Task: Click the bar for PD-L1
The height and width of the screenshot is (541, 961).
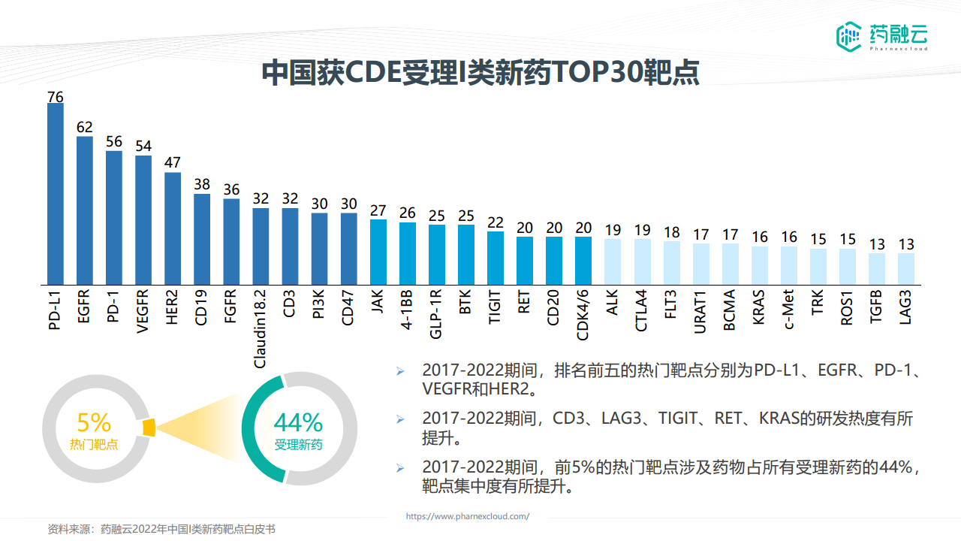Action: (56, 193)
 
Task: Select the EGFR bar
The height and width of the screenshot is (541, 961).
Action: (85, 210)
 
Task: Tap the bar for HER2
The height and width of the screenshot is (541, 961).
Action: (173, 228)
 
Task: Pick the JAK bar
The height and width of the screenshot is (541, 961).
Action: (378, 251)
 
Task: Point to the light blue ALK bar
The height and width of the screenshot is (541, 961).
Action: (612, 261)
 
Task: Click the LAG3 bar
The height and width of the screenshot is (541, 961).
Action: (906, 268)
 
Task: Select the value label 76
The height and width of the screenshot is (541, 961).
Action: (56, 96)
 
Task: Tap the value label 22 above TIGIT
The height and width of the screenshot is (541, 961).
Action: (495, 223)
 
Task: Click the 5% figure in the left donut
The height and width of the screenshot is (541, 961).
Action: (94, 422)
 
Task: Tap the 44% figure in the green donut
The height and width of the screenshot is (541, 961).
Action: (298, 422)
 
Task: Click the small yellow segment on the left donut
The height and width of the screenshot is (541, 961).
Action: (148, 427)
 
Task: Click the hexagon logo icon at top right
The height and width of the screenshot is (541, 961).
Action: (849, 35)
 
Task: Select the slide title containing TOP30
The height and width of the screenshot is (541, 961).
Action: (480, 73)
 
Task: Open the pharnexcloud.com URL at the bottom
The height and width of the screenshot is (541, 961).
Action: (468, 516)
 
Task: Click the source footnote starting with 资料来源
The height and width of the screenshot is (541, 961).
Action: (161, 530)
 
